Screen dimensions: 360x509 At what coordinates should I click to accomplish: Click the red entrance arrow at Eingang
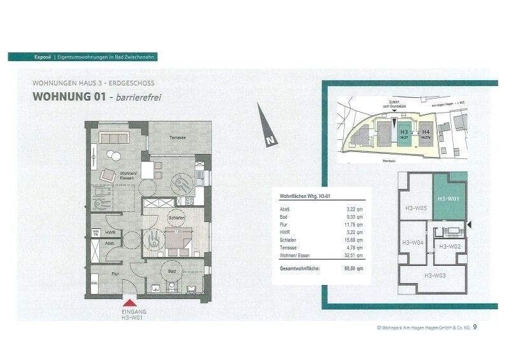[130, 303]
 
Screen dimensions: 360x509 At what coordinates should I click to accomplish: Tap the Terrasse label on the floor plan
[178, 137]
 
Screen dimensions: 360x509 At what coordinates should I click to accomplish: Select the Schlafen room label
[176, 218]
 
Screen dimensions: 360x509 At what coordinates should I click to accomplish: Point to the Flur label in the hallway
[115, 274]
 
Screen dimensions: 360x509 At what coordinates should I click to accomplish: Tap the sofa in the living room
[116, 138]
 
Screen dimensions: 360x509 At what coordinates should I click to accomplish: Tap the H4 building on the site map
[426, 134]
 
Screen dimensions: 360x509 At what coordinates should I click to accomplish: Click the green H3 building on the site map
[403, 134]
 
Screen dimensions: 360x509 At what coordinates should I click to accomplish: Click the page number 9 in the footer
[475, 328]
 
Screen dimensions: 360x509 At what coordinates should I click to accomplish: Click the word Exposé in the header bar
[43, 57]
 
